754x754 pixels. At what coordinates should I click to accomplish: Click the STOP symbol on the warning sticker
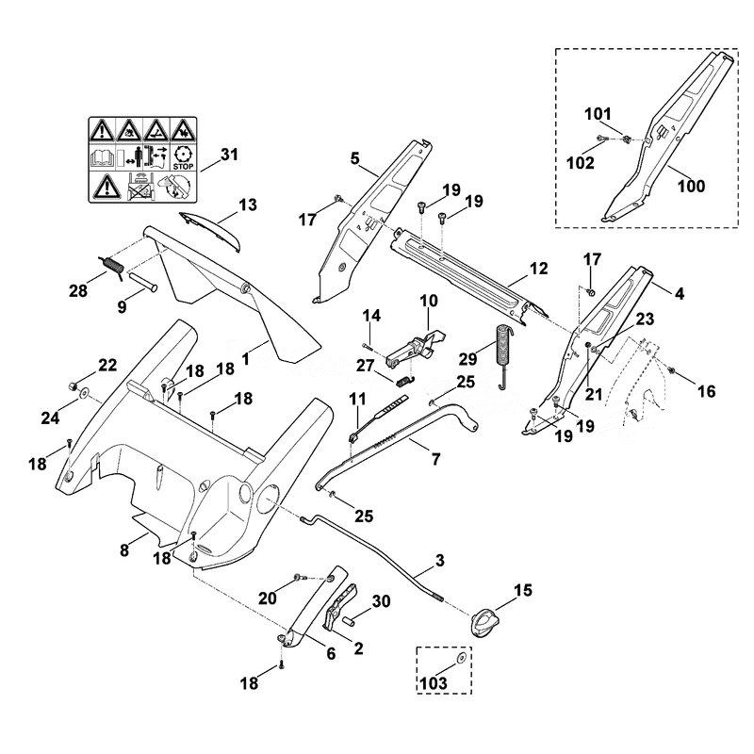[183, 157]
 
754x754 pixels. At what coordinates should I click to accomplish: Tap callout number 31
[229, 155]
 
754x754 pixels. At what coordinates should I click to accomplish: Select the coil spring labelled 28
[112, 267]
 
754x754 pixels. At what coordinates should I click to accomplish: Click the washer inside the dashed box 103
[460, 658]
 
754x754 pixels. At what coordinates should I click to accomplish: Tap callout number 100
[691, 186]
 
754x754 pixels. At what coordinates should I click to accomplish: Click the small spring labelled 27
[406, 380]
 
